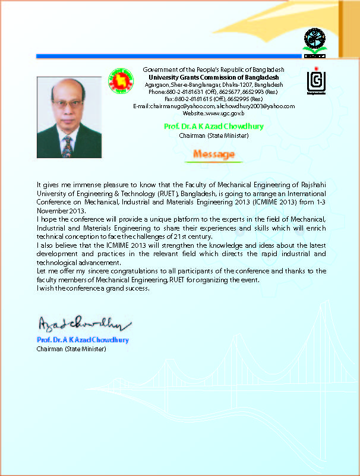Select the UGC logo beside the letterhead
coord(315,82)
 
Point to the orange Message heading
coord(214,155)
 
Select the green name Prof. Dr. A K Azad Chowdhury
coord(214,127)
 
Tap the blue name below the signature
coord(83,340)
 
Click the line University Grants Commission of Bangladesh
coord(213,77)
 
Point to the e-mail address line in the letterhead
coord(213,106)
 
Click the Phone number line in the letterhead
coord(213,92)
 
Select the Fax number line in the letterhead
coord(213,99)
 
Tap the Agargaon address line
coord(213,84)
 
